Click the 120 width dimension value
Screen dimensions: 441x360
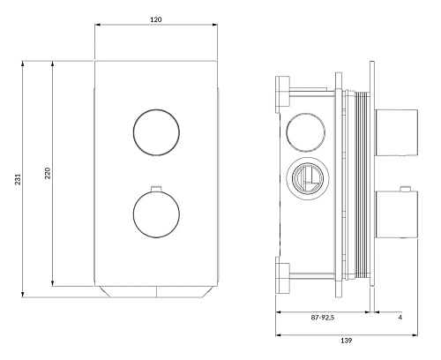pyautogui.click(x=156, y=19)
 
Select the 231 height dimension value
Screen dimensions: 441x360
pyautogui.click(x=19, y=179)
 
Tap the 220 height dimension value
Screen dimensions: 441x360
pyautogui.click(x=48, y=173)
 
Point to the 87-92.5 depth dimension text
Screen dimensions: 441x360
pyautogui.click(x=323, y=318)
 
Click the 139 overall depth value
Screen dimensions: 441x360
pyautogui.click(x=346, y=341)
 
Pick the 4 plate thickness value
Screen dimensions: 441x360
pyautogui.click(x=400, y=318)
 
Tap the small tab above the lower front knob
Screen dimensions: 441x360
pyautogui.click(x=156, y=188)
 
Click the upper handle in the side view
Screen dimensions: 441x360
pyautogui.click(x=396, y=132)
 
